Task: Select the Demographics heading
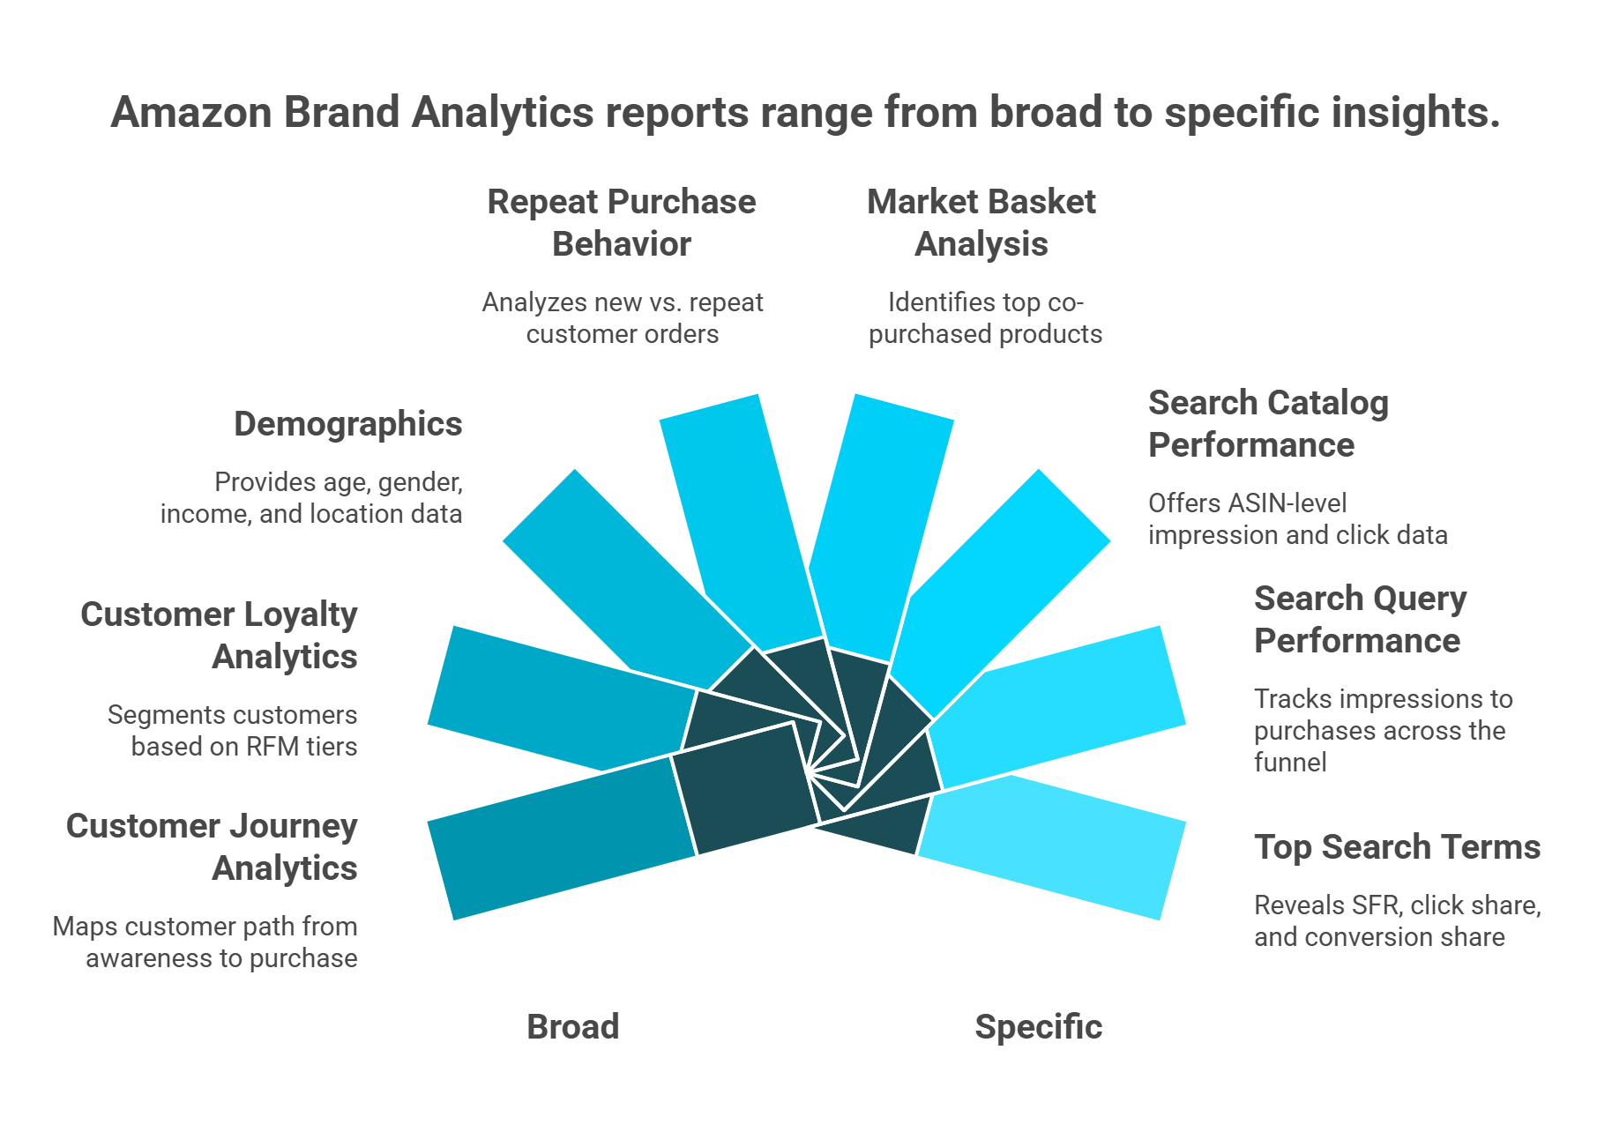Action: (x=347, y=424)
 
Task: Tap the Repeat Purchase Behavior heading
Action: (x=622, y=223)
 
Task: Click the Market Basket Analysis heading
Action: (x=981, y=223)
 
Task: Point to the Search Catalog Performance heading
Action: (x=1268, y=424)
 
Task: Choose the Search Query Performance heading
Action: (x=1360, y=620)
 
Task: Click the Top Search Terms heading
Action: (x=1397, y=847)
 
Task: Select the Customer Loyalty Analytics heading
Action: (x=220, y=636)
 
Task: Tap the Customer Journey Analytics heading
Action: (x=213, y=847)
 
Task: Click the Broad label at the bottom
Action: (x=573, y=1027)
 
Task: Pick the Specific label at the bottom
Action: (x=1038, y=1027)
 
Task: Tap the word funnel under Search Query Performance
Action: (x=1290, y=763)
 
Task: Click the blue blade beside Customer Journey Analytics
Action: (x=556, y=838)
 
